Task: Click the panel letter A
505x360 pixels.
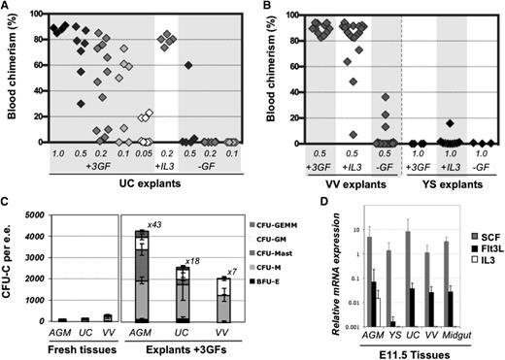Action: pyautogui.click(x=7, y=7)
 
